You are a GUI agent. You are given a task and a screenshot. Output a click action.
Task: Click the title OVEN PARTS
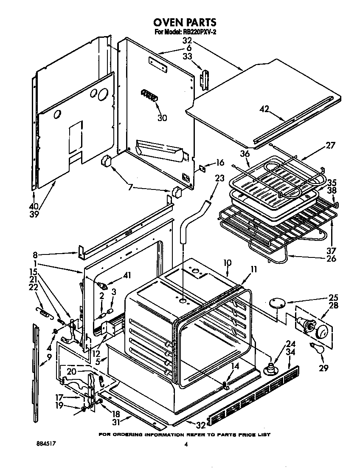click(x=185, y=22)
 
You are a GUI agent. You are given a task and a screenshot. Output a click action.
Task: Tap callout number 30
click(x=162, y=118)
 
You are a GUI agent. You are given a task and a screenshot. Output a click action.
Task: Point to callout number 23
click(x=219, y=179)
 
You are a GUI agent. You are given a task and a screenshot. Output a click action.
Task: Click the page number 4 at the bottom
click(x=186, y=445)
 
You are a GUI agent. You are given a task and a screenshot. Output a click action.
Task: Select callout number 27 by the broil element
click(x=330, y=146)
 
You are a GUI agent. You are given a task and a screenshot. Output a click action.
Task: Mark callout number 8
click(x=36, y=255)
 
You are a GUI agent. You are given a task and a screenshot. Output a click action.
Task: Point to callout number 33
click(x=187, y=56)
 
